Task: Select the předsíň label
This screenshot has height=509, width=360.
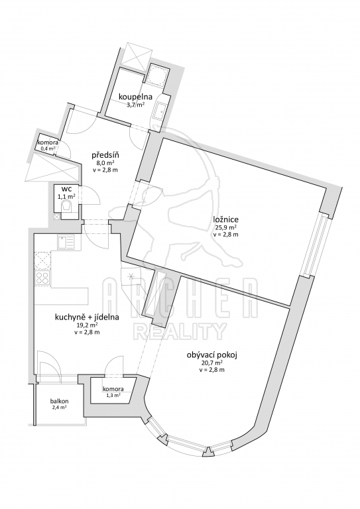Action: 104,155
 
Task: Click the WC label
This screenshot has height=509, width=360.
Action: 67,190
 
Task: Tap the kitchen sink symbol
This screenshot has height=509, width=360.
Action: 66,242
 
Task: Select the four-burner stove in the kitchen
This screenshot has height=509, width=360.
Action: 42,278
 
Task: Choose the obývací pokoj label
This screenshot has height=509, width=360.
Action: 212,355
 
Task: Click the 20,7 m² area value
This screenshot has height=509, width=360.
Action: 212,363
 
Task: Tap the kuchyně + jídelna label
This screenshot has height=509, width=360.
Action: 87,317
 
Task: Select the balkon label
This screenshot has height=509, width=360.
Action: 60,401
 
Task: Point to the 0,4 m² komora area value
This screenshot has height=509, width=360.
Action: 48,148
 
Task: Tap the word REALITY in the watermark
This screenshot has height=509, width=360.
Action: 181,331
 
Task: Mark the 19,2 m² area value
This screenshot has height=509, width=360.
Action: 87,325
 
